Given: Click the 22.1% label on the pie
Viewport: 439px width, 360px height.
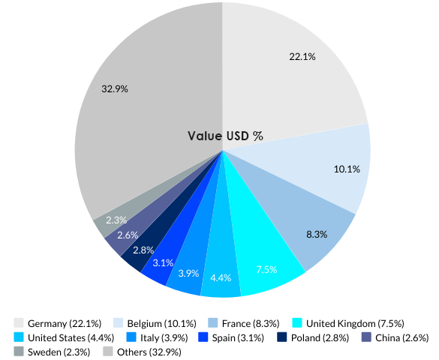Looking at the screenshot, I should [302, 56].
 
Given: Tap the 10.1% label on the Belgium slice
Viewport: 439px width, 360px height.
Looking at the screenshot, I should [347, 169].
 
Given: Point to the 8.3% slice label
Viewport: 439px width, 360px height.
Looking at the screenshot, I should [317, 234].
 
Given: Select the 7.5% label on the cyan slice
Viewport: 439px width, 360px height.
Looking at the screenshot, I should [266, 269].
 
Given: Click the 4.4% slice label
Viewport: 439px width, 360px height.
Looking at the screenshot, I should [221, 278].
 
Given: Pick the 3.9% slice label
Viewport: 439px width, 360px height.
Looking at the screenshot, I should [188, 272].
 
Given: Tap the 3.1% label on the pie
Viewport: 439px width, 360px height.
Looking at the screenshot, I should [163, 262].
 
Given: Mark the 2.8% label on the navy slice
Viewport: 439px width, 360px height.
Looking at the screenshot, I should [143, 250].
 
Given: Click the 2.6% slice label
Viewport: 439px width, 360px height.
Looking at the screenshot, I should [128, 235].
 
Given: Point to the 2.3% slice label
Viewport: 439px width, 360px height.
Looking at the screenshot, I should [116, 220].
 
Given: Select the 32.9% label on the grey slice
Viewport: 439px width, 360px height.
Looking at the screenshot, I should [115, 88].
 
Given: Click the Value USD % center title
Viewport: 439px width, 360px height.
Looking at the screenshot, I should [225, 136].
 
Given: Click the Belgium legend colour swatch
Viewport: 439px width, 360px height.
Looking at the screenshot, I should [119, 323].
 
